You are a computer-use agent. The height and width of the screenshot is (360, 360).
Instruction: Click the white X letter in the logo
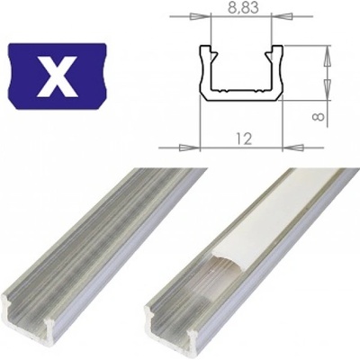coord(57,75)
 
